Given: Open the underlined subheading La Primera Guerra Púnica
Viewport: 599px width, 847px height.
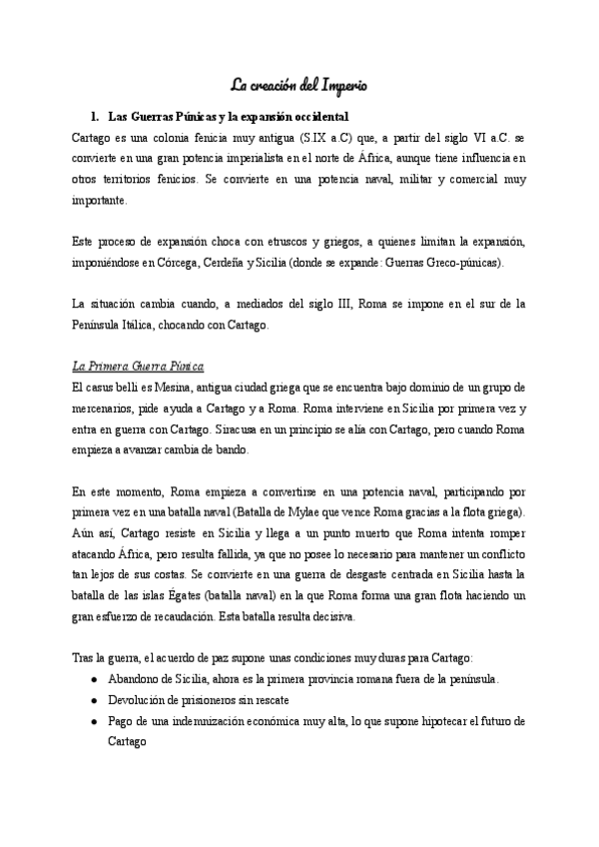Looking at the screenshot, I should [139, 367].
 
